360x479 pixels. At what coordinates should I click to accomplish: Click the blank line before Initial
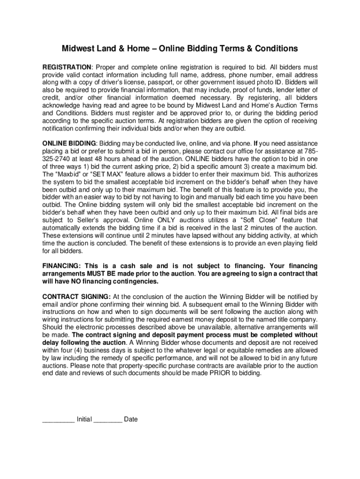pos(58,419)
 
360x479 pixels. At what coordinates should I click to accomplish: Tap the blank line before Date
pos(108,419)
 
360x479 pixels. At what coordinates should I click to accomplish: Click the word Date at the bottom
pos(131,419)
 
